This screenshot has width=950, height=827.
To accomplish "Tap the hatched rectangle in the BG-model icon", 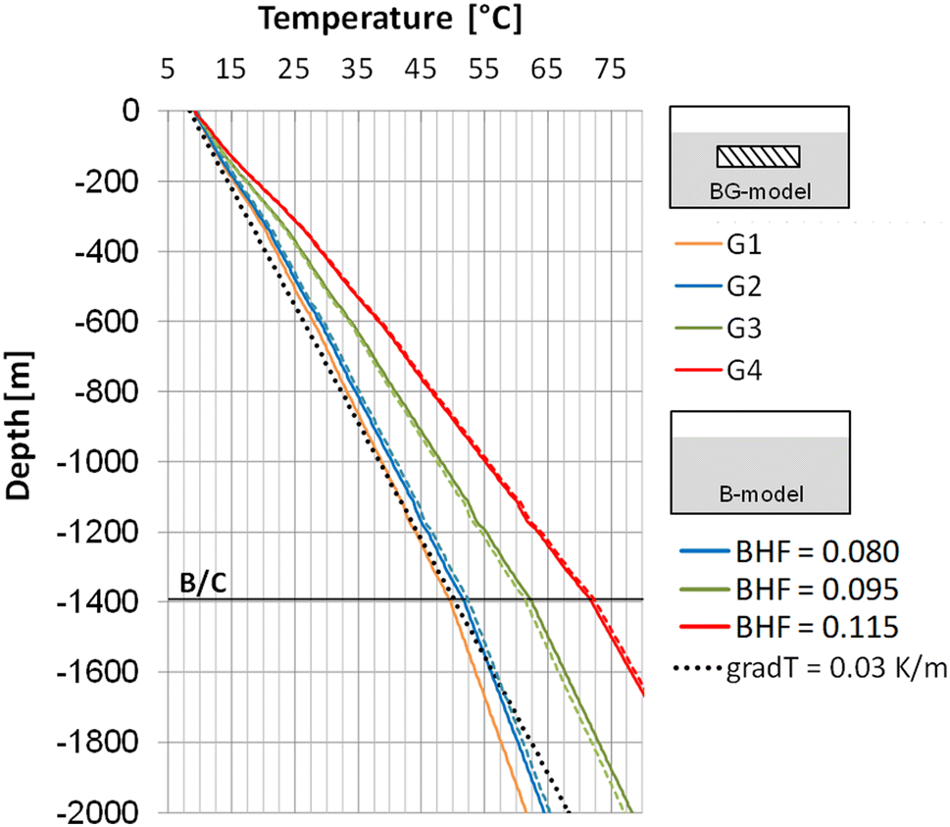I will point(758,156).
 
